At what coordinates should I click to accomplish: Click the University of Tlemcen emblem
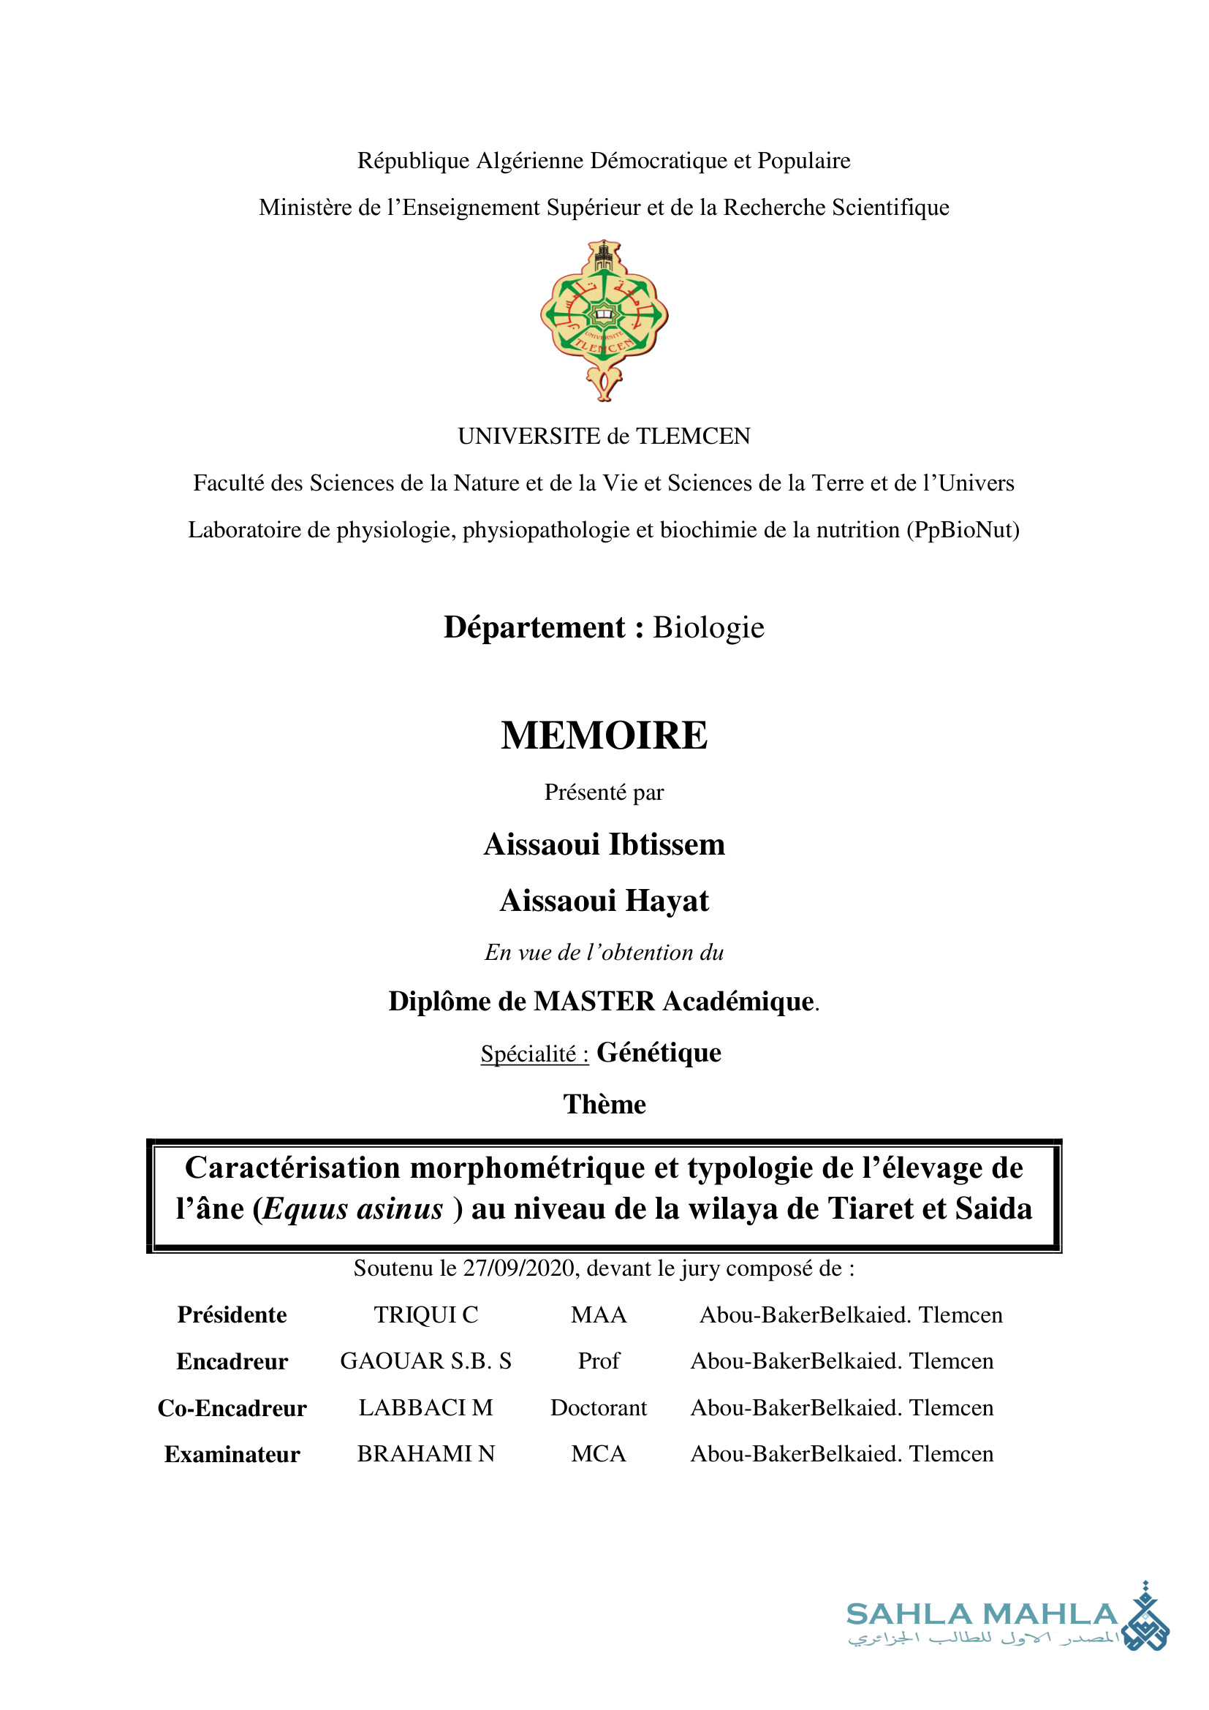tap(604, 320)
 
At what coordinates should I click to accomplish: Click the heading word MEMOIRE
tap(604, 736)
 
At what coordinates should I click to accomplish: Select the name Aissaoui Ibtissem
tap(604, 844)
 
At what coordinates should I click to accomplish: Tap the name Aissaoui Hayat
tap(604, 901)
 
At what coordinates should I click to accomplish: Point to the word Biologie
tap(708, 628)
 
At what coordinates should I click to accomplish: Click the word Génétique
tap(659, 1052)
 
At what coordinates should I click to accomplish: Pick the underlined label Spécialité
tap(534, 1054)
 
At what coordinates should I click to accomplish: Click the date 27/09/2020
tap(518, 1268)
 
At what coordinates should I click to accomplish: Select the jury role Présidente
tap(232, 1314)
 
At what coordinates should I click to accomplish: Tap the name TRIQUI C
tap(426, 1314)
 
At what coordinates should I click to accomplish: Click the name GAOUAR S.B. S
tap(426, 1361)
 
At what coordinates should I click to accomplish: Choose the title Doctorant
tap(599, 1407)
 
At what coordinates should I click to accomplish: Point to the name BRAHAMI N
tap(426, 1454)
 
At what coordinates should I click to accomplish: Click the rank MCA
tap(599, 1454)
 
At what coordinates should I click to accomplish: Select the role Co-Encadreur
tap(232, 1407)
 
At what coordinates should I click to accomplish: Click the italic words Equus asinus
tap(353, 1208)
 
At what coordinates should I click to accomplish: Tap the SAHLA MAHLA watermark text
tap(982, 1614)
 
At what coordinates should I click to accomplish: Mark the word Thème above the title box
tap(604, 1104)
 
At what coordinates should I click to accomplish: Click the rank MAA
tap(599, 1314)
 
